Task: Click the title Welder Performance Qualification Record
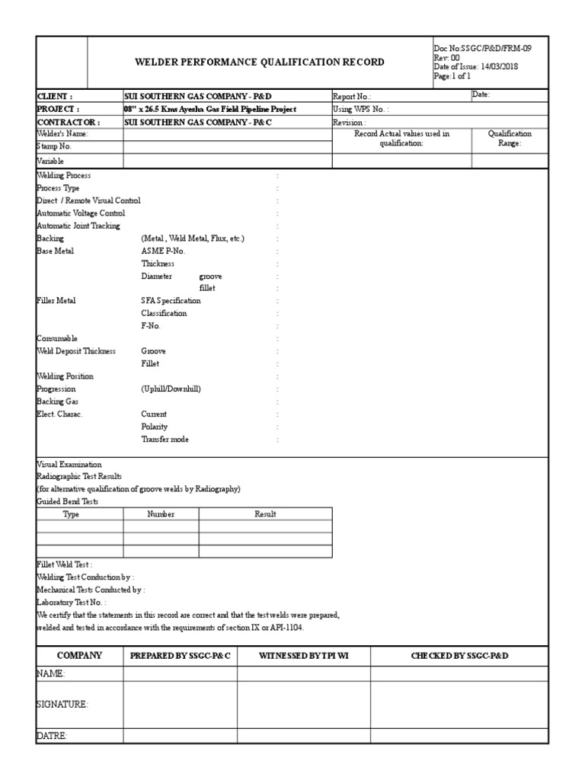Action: tap(259, 62)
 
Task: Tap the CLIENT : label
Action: tap(55, 97)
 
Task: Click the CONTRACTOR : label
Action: tap(68, 122)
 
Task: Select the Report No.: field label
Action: tap(352, 97)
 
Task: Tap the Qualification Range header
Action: tap(510, 139)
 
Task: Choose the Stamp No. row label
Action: tap(54, 145)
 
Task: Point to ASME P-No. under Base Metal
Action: tap(163, 251)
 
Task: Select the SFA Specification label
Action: tap(171, 301)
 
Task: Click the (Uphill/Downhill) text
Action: tap(171, 388)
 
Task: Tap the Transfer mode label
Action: tap(165, 440)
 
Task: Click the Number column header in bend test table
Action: tap(161, 514)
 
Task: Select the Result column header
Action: tap(265, 514)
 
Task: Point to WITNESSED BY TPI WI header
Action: tap(303, 655)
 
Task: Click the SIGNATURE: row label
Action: tap(62, 705)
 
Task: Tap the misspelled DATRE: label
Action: tap(52, 736)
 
